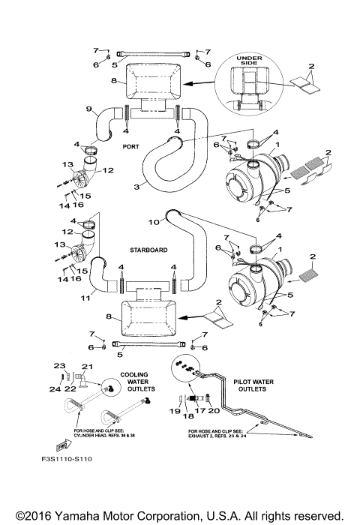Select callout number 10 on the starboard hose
pos(154,222)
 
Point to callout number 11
pos(85,298)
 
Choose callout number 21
pos(85,365)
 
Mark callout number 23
pos(60,365)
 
